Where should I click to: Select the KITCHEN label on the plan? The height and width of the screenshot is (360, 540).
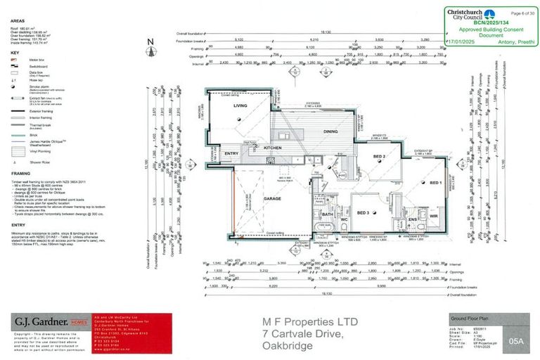[272, 148]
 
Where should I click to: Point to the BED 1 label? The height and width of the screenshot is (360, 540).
[435, 183]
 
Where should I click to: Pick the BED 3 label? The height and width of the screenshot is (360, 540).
[363, 212]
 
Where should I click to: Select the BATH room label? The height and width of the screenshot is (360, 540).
[327, 214]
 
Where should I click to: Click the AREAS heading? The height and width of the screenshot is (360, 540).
[18, 20]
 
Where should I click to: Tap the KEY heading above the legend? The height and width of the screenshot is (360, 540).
[14, 53]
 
